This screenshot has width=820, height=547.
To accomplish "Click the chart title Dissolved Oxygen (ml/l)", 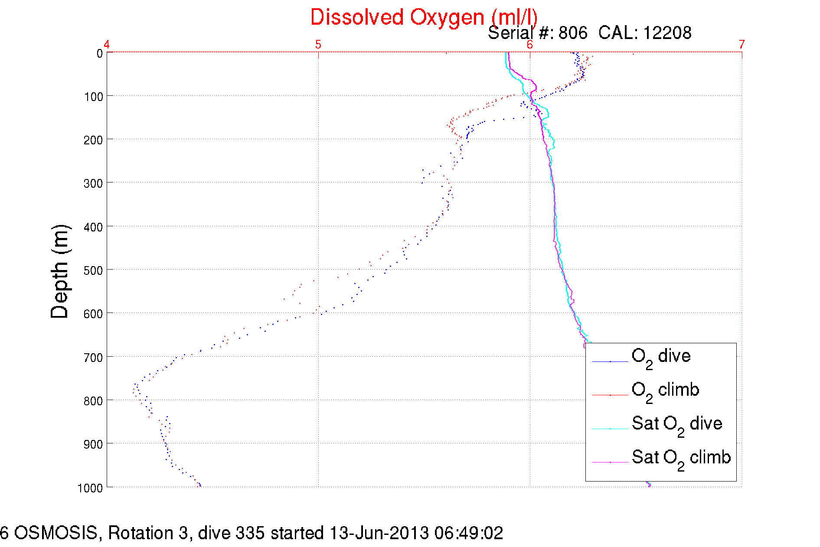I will [424, 17].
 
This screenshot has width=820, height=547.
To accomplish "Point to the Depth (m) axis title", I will [60, 272].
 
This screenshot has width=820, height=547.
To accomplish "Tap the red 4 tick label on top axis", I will [106, 44].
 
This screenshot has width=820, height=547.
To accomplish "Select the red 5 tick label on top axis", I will [318, 44].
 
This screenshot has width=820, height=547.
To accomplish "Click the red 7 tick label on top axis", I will [742, 44].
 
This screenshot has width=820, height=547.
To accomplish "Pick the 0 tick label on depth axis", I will [99, 54].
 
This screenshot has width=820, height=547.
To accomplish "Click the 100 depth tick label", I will [94, 97].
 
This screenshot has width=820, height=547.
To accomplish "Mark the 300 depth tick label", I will [94, 183].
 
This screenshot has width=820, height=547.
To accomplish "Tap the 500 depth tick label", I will [94, 270].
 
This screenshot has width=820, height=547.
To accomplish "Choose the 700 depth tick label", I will [94, 358].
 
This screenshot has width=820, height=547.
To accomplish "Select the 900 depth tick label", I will [94, 444].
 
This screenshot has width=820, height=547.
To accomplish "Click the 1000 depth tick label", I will [90, 488].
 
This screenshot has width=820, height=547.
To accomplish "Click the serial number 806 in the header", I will [572, 33].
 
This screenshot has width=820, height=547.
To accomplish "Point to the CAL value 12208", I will [667, 33].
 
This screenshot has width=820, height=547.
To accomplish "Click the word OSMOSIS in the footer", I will [56, 533].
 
